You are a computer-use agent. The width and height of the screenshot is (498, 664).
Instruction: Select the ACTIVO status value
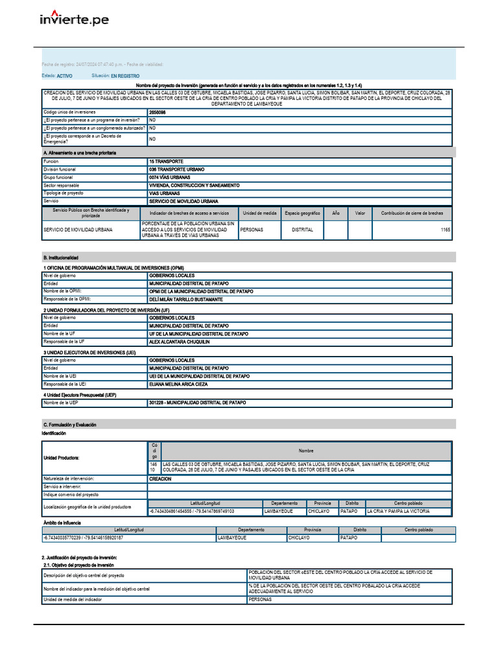(65, 76)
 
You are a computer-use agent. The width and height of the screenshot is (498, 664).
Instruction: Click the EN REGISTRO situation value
(125, 76)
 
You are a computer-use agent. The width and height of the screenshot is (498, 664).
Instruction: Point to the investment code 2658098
(158, 112)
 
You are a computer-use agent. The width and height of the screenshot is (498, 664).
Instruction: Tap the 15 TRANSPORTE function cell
(166, 161)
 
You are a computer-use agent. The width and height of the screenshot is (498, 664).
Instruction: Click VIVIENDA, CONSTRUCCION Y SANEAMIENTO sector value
(194, 185)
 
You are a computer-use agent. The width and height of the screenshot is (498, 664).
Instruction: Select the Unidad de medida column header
(260, 213)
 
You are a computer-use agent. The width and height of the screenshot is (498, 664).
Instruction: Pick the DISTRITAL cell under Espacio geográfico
(302, 230)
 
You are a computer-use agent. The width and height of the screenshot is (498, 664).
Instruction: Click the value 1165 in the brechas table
(445, 230)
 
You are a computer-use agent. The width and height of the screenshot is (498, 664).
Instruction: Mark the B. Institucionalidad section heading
(60, 257)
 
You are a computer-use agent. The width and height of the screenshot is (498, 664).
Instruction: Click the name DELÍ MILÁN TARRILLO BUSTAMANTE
(185, 300)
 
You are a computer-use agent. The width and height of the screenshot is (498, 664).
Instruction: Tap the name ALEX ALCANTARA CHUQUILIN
(180, 341)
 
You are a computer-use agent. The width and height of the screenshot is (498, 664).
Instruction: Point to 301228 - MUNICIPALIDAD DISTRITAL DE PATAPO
(197, 403)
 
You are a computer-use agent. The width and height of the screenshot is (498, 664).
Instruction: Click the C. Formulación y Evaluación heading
(69, 424)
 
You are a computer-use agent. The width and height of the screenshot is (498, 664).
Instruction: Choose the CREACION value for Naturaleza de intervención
(160, 479)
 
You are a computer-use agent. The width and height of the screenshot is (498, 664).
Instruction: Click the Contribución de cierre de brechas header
(412, 213)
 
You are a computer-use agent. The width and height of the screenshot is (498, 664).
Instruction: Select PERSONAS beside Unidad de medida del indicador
(260, 599)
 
